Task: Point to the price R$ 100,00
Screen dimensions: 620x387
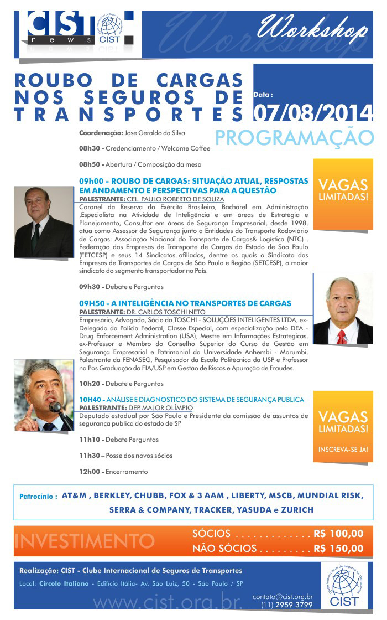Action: [338, 534]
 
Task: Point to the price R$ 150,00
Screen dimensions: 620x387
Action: [338, 549]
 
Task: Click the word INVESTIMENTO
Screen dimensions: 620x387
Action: [85, 541]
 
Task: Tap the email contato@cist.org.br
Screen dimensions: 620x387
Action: [283, 597]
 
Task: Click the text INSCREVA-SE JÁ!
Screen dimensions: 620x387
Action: [343, 449]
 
